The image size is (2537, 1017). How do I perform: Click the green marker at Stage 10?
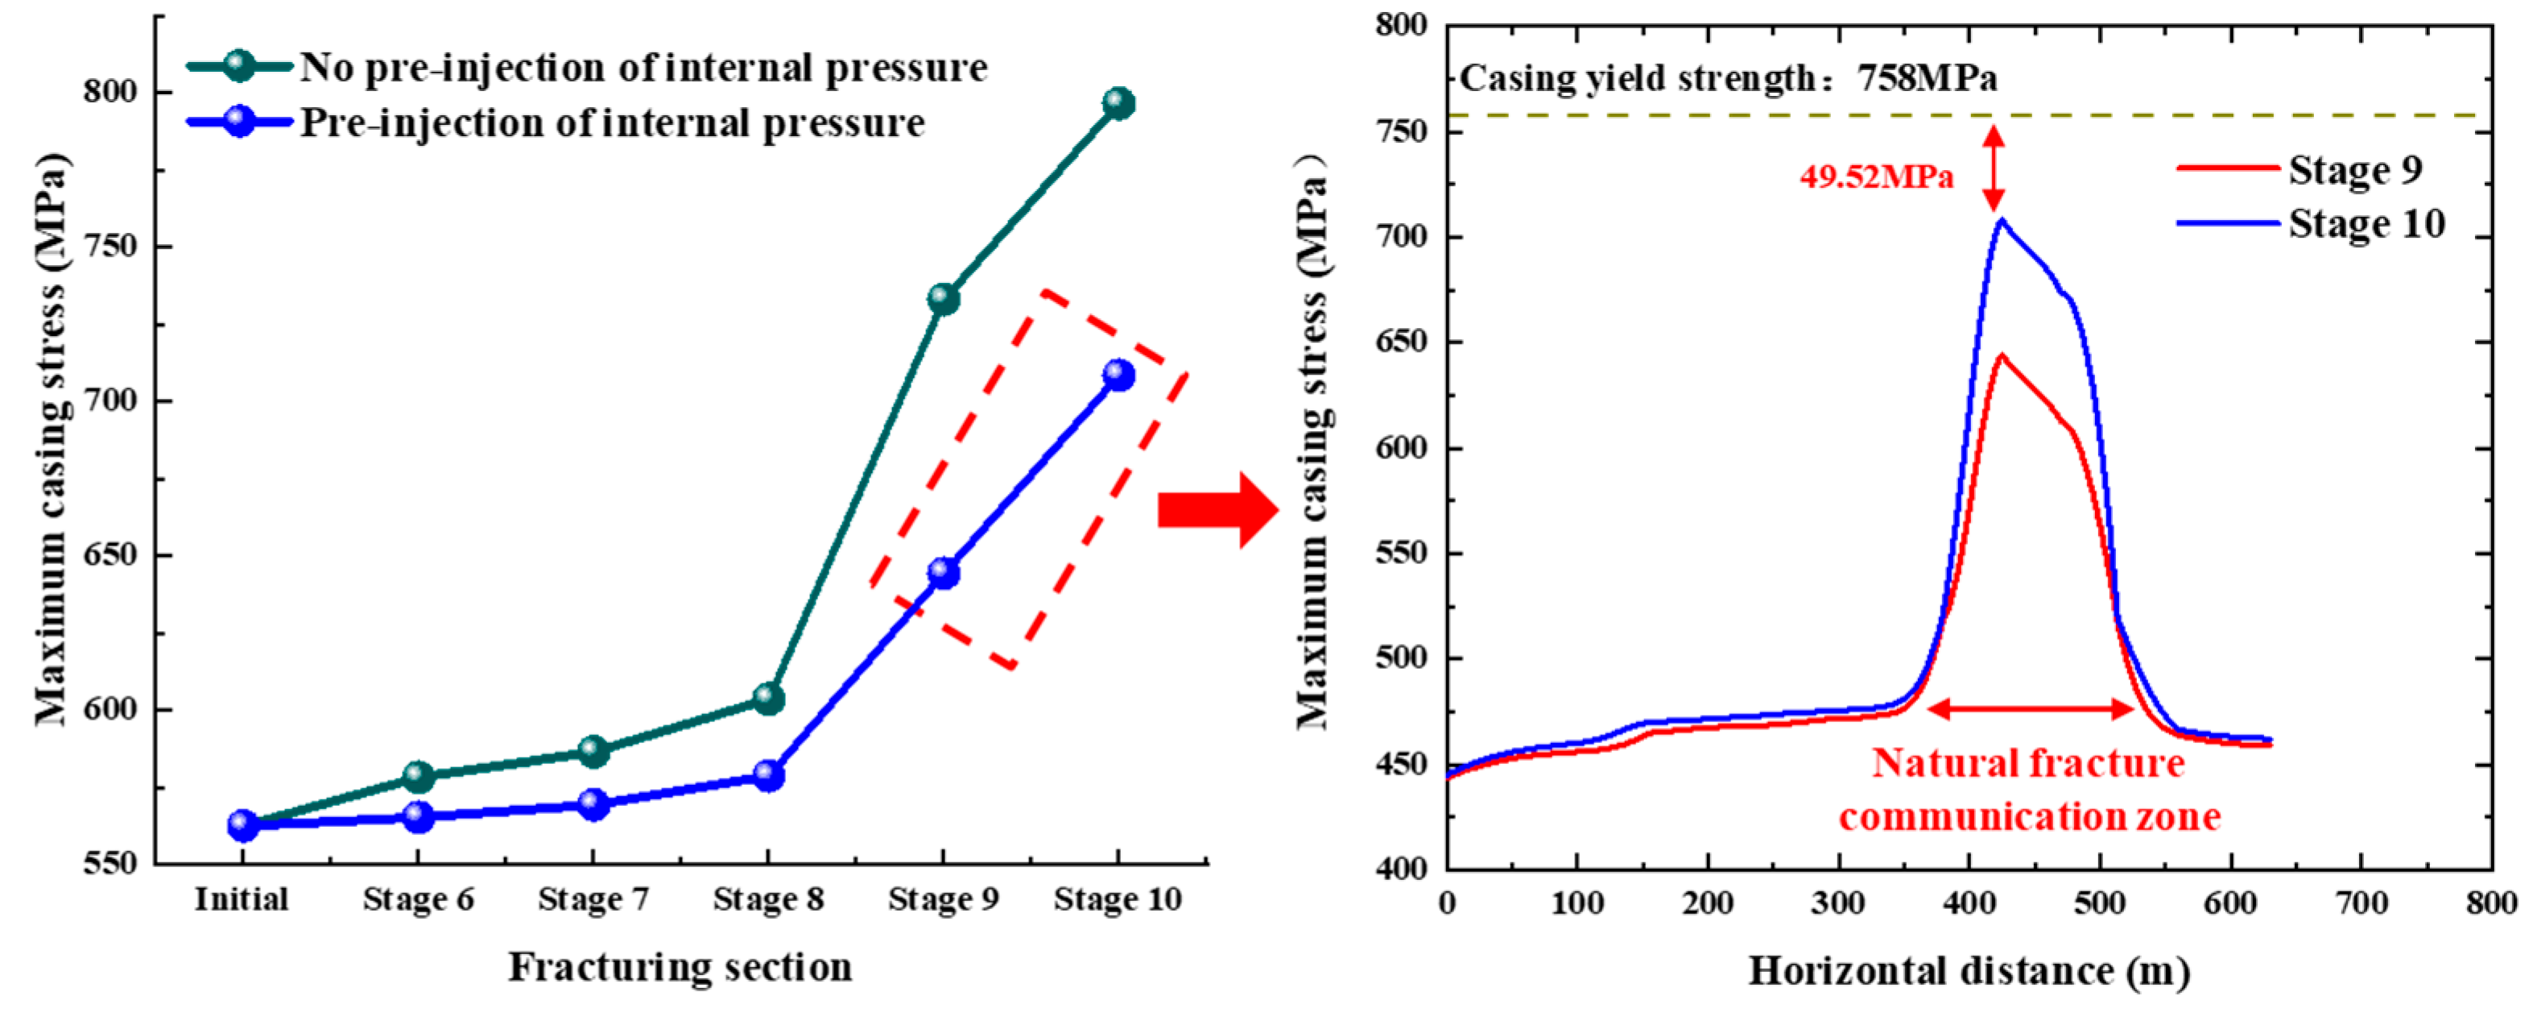[1118, 102]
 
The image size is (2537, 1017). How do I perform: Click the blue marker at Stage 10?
[1118, 375]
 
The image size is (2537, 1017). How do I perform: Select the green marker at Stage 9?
[943, 299]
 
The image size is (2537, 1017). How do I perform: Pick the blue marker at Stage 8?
[768, 775]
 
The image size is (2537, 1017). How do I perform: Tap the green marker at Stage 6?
[419, 777]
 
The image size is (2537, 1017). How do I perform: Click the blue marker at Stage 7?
[593, 804]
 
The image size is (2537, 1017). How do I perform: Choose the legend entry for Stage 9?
[2353, 169]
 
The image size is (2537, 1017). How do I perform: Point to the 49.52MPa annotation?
[1876, 176]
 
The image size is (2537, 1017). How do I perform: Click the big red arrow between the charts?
[1217, 509]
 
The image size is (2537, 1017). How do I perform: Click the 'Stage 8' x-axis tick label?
[768, 899]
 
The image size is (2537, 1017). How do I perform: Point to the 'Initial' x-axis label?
[242, 899]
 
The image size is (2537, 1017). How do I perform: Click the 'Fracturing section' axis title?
[680, 967]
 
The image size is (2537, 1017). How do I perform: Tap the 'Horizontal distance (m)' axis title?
[1969, 972]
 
